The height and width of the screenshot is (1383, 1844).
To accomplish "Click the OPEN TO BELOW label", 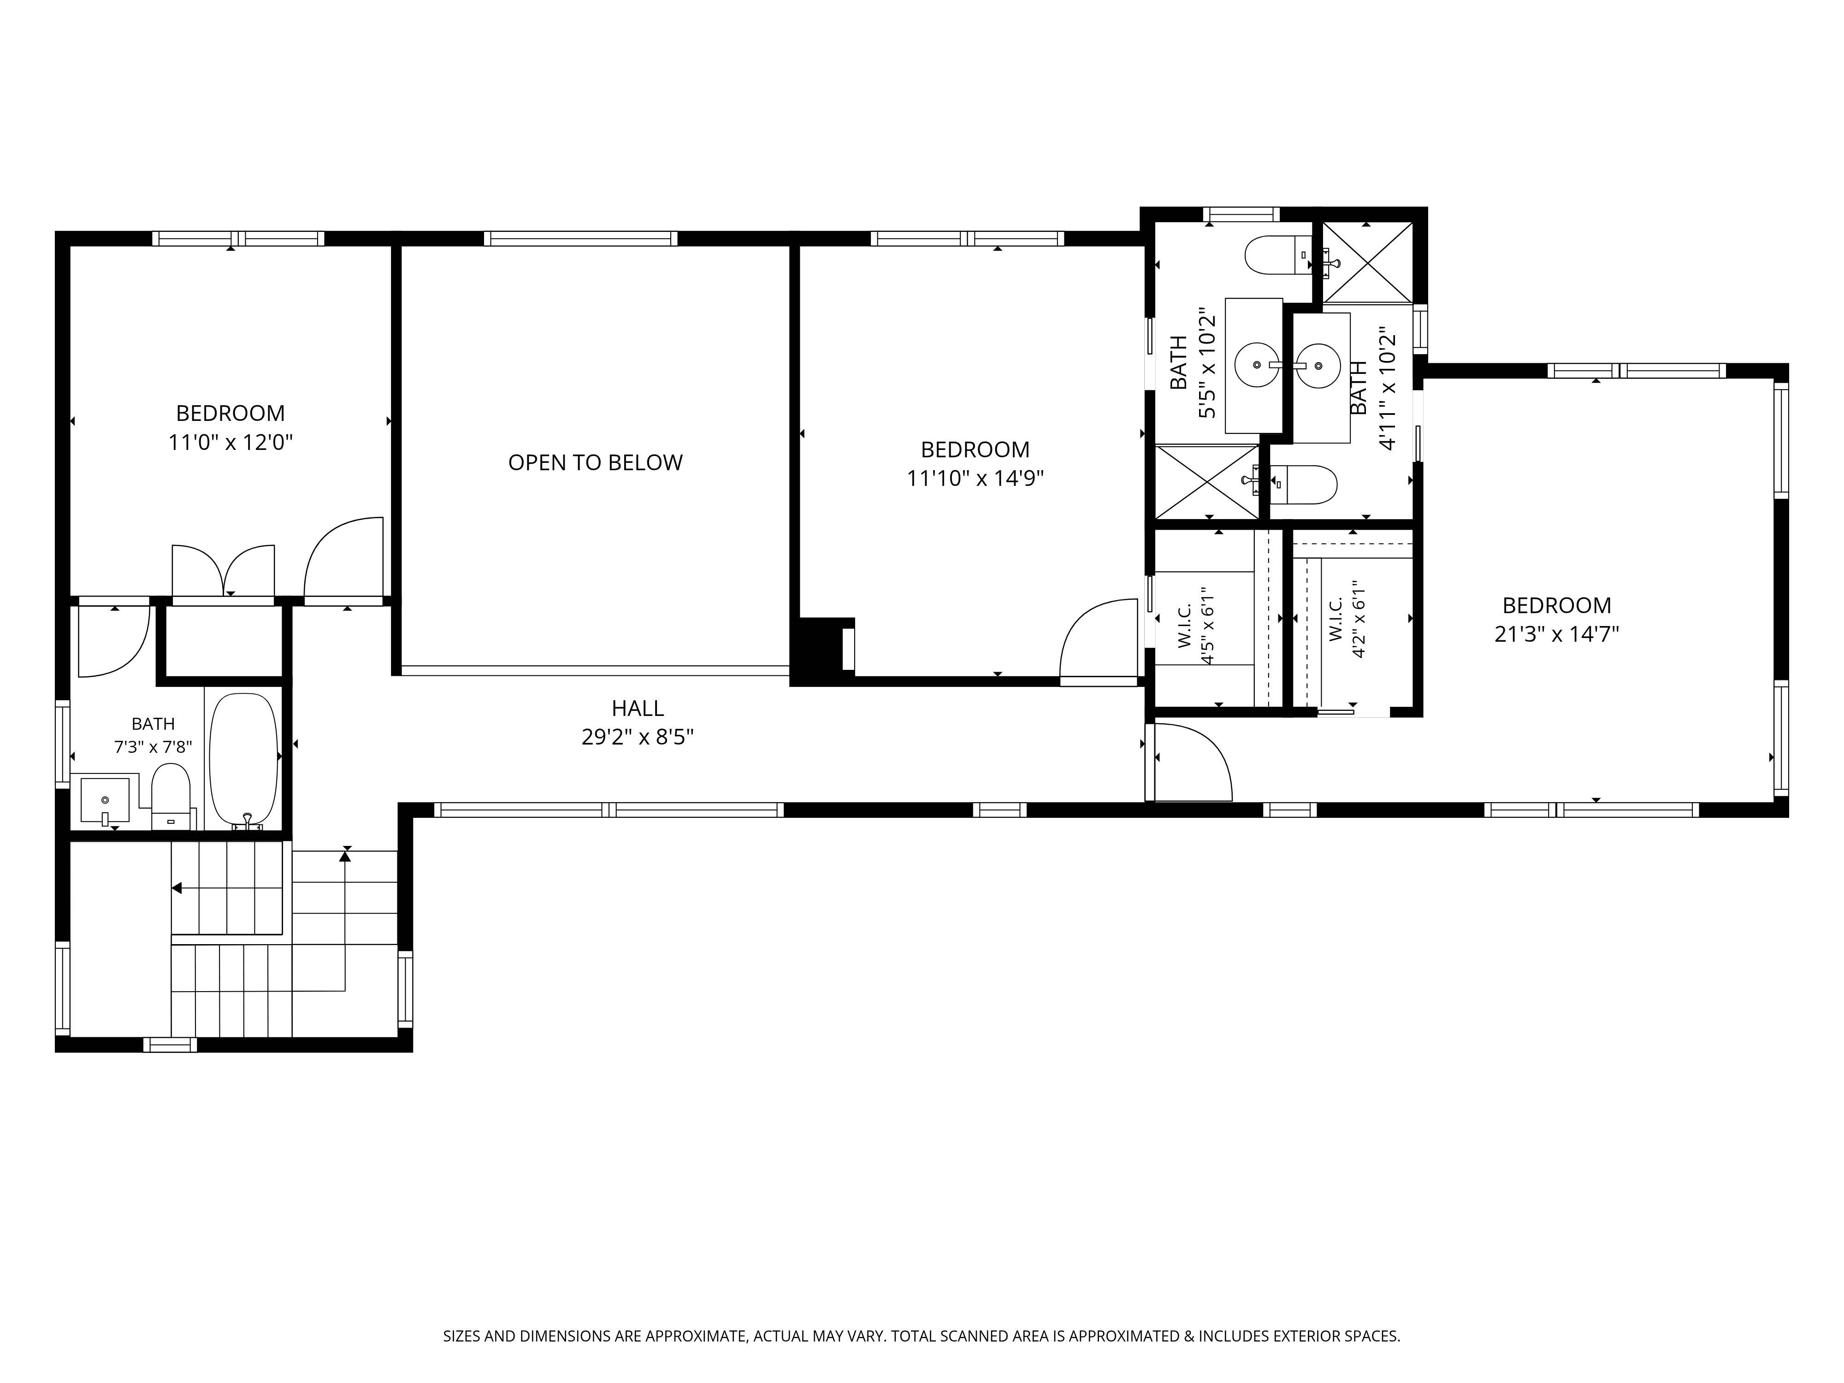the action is (595, 463).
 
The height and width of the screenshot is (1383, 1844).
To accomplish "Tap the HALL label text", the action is (638, 709).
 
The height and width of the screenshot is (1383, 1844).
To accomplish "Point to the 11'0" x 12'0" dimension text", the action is (231, 442).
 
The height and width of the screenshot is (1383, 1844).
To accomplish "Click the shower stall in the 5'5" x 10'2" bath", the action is (1207, 482).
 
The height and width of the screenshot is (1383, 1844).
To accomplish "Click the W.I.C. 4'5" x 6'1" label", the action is (1195, 625).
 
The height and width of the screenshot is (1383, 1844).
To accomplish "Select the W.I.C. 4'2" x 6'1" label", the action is (1347, 620).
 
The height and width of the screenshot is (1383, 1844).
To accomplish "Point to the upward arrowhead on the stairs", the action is (345, 855).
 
